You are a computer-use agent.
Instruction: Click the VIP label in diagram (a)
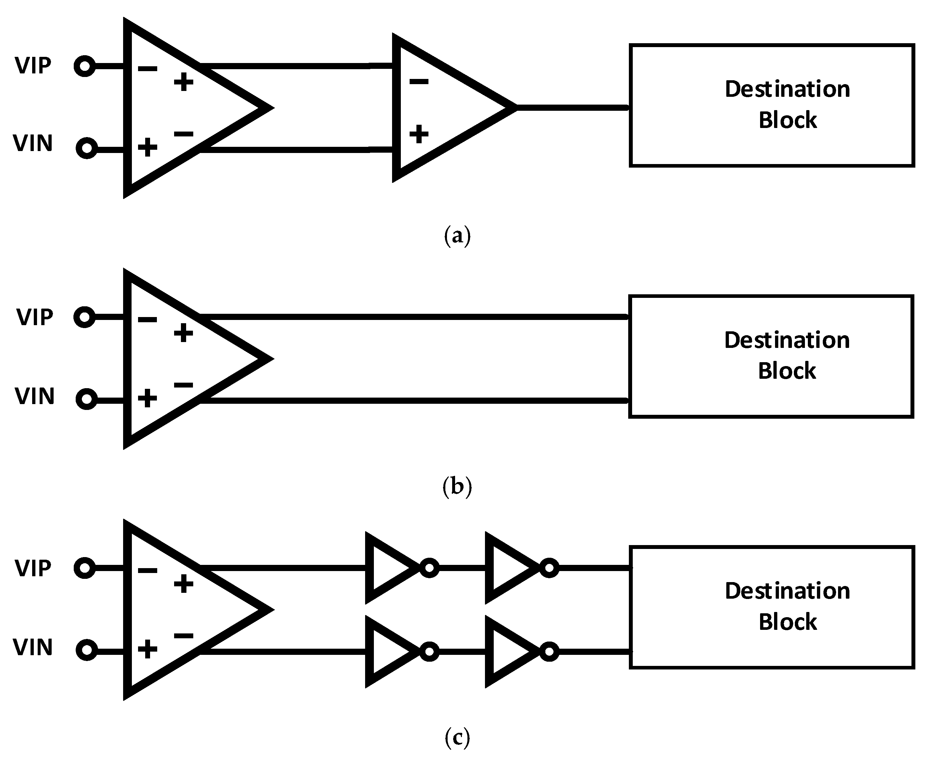pyautogui.click(x=33, y=66)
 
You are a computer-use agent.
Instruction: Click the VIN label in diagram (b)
pyautogui.click(x=35, y=396)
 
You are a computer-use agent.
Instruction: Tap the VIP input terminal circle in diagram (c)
pyautogui.click(x=84, y=568)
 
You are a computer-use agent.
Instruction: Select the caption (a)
pyautogui.click(x=457, y=236)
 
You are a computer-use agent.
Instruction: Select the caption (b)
pyautogui.click(x=457, y=487)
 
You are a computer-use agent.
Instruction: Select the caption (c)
pyautogui.click(x=457, y=738)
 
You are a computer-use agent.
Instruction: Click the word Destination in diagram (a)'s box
pyautogui.click(x=787, y=89)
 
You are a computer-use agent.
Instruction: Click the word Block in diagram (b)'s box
pyautogui.click(x=787, y=371)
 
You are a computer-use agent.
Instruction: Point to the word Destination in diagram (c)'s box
pyautogui.click(x=787, y=591)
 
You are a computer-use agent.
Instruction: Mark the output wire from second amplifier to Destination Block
pyautogui.click(x=572, y=108)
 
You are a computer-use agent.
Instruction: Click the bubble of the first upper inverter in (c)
pyautogui.click(x=429, y=568)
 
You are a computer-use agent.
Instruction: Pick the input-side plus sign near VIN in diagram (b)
pyautogui.click(x=147, y=398)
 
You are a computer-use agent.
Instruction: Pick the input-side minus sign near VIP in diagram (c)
pyautogui.click(x=147, y=571)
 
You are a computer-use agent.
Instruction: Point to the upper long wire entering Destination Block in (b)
pyautogui.click(x=414, y=317)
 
